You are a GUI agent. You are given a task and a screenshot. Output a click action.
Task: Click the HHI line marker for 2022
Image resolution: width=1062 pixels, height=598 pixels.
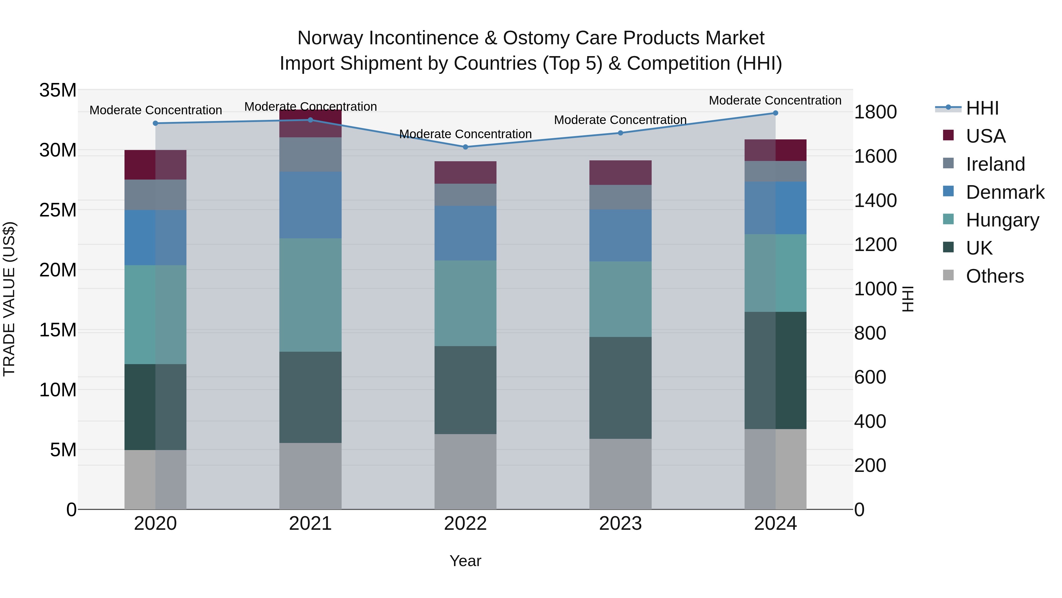466,147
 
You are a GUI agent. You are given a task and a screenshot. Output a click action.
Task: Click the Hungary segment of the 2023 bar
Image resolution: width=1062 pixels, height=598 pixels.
620,299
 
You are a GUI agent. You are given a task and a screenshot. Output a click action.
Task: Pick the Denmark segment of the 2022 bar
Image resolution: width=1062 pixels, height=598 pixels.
466,233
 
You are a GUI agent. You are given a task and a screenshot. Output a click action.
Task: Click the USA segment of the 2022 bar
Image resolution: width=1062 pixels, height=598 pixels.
466,172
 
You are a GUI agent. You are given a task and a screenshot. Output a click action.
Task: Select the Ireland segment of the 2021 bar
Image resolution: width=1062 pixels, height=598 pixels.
310,154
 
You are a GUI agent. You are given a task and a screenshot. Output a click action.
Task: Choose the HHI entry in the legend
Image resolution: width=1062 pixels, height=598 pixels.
982,108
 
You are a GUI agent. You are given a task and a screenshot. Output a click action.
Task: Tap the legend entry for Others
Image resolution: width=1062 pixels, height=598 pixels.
994,276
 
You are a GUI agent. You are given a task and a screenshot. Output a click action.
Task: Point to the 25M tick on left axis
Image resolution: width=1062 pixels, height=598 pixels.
58,210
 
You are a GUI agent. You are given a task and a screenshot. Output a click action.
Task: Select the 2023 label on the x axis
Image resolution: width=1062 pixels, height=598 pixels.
620,524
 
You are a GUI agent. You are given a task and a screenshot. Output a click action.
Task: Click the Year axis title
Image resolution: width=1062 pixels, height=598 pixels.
466,561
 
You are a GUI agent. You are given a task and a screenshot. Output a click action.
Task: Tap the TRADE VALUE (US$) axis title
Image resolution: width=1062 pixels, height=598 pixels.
9,299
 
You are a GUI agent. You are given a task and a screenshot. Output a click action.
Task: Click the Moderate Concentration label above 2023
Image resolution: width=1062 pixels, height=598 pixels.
620,120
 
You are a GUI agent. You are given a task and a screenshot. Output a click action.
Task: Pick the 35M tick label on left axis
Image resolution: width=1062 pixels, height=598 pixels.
58,90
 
